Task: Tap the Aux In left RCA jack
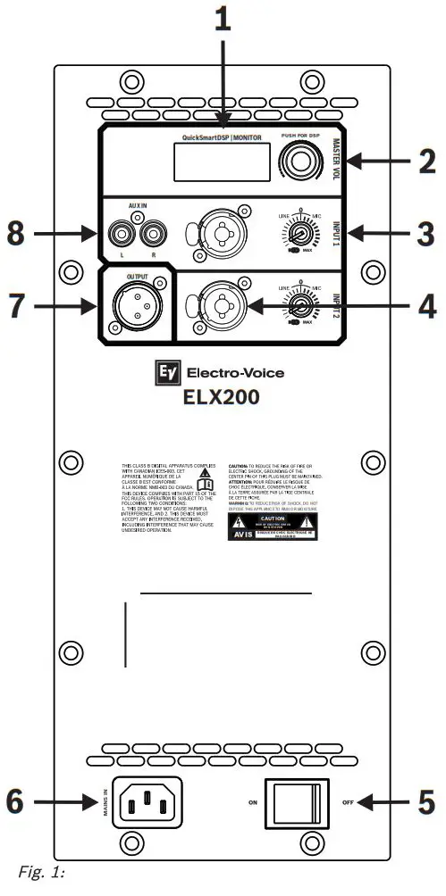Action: coord(118,235)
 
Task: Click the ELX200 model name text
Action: coord(223,396)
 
